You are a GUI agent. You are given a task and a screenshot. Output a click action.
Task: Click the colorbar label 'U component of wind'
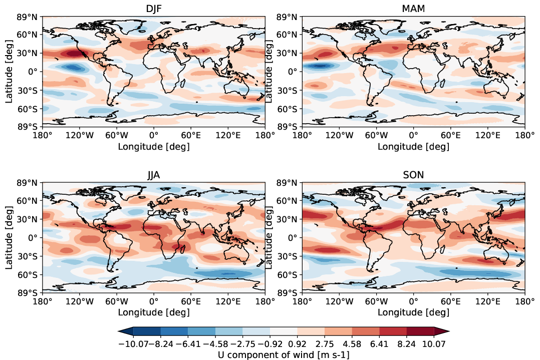coord(284,354)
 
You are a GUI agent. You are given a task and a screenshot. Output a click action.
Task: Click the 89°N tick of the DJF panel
coord(28,17)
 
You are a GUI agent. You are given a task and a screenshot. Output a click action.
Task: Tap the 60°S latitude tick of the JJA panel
coord(28,275)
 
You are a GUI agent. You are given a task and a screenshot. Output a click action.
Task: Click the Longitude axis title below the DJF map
coord(153,147)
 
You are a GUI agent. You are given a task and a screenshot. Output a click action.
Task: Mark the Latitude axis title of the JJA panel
coord(9,237)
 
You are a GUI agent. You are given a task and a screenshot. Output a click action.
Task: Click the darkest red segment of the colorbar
coord(420,331)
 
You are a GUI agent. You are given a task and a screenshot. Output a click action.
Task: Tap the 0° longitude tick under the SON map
coord(414,301)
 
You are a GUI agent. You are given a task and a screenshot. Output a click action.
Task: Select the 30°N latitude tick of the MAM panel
coord(289,53)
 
